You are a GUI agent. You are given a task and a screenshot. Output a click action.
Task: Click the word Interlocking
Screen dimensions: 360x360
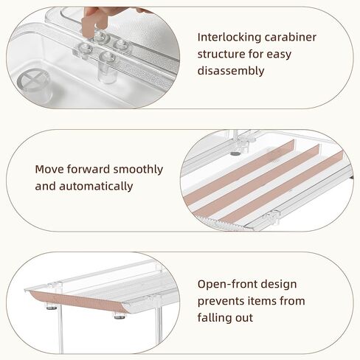229,38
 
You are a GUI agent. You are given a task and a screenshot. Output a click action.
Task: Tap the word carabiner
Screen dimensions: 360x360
291,37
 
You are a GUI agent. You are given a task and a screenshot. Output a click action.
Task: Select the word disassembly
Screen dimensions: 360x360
231,71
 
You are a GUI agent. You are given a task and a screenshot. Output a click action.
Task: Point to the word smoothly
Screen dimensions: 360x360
138,170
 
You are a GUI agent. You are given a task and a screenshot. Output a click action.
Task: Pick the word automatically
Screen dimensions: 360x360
96,186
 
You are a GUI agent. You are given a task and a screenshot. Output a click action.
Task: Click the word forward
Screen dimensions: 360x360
89,169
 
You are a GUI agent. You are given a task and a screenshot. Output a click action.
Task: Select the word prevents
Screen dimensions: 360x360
221,301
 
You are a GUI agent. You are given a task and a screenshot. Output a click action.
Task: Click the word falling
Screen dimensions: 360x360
214,317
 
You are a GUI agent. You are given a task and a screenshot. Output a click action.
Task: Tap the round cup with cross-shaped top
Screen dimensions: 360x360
34,86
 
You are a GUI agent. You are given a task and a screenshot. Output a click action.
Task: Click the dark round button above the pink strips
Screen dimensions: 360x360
235,153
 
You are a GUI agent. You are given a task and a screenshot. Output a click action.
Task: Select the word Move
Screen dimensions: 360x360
49,169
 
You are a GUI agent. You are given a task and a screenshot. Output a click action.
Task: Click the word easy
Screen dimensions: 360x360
279,55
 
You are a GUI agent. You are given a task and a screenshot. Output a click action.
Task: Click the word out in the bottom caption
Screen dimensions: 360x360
243,318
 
